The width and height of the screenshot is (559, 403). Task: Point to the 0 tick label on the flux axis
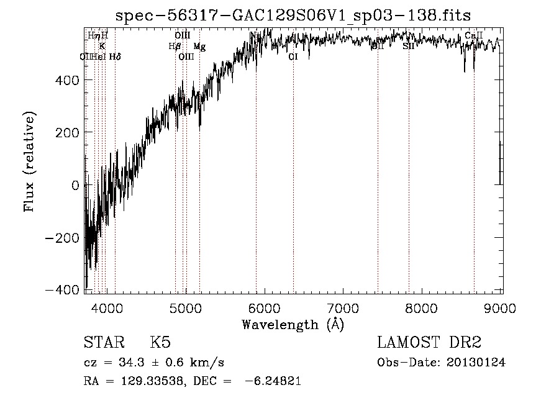coord(75,185)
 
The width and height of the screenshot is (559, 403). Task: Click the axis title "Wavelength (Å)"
coord(293,324)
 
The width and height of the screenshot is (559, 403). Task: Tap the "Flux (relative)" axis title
coord(29,161)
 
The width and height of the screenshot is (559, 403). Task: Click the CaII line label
coord(473,36)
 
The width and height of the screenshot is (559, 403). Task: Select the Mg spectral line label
coord(199,47)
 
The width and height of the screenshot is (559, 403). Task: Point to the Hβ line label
coord(175,46)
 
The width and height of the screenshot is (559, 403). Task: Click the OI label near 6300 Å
coord(293,57)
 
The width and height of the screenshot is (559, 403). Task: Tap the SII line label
coord(408,46)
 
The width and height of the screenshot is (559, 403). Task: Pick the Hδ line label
coord(114,57)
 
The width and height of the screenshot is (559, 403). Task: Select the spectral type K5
coord(160,342)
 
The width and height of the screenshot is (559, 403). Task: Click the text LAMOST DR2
coord(429,342)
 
